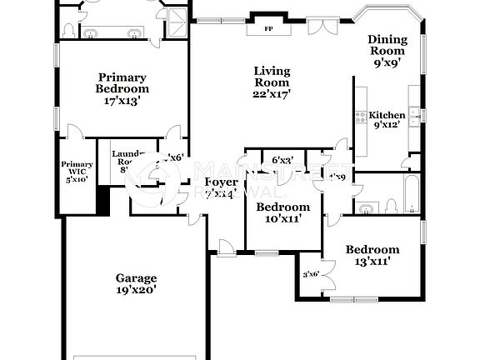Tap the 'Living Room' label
tap(272, 77)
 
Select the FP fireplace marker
tap(268, 28)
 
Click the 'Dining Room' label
tap(387, 45)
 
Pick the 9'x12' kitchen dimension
tap(387, 125)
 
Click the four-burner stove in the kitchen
tap(361, 117)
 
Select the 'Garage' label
tap(136, 278)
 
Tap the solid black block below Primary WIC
tap(104, 200)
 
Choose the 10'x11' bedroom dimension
tap(282, 218)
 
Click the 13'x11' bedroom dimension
tap(372, 262)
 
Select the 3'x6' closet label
tap(311, 274)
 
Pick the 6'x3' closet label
tap(282, 160)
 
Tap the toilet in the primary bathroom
tap(69, 28)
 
